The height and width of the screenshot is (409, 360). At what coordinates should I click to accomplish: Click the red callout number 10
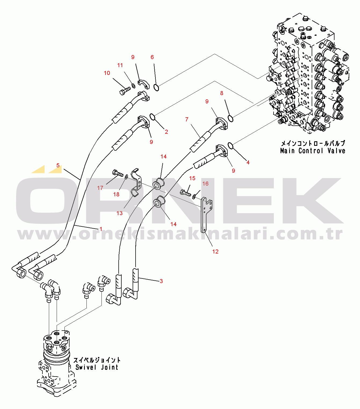[x=107, y=73]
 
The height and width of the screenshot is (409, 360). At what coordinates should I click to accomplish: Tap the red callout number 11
[x=120, y=65]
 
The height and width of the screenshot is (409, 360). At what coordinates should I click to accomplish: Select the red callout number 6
[x=152, y=57]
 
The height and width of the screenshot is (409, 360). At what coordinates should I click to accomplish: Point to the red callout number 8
[x=222, y=93]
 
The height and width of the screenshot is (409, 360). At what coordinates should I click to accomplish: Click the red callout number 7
[x=187, y=120]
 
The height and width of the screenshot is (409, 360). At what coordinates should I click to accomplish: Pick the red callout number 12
[x=216, y=252]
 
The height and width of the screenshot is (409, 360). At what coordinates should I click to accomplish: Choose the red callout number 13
[x=119, y=213]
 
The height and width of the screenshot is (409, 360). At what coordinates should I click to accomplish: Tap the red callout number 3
[x=161, y=281]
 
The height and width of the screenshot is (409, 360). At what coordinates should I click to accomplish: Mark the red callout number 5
[x=58, y=165]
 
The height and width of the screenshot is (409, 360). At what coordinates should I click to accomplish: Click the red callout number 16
[x=205, y=183]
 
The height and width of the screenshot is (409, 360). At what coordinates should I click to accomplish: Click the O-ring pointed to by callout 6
[x=156, y=88]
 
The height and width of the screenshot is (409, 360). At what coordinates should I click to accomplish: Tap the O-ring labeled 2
[x=152, y=117]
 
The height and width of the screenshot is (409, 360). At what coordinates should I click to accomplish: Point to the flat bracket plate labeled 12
[x=206, y=214]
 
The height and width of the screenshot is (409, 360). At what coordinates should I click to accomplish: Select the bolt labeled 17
[x=117, y=173]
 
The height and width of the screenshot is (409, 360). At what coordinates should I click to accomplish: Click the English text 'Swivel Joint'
[x=97, y=367]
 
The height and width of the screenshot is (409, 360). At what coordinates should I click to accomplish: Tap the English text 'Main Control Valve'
[x=312, y=151]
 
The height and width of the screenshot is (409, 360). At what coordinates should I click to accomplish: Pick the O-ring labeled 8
[x=230, y=118]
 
